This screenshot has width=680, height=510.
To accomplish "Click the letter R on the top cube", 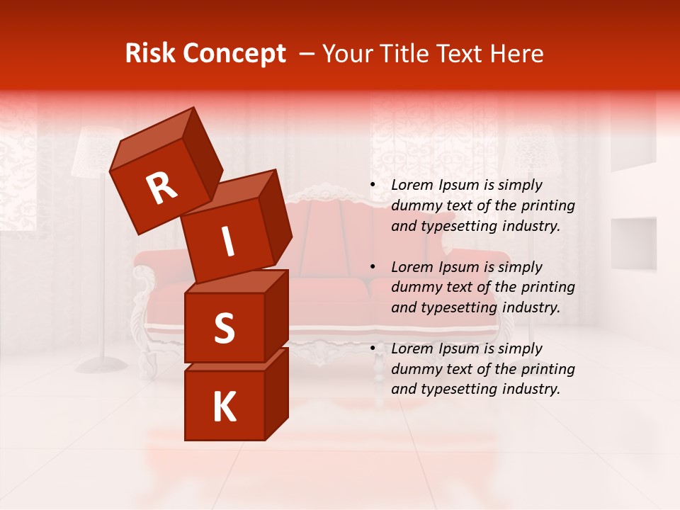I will (161, 188).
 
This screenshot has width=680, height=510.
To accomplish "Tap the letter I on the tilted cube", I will (227, 242).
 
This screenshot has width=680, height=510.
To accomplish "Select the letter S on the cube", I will (224, 328).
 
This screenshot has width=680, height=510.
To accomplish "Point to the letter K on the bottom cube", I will (224, 407).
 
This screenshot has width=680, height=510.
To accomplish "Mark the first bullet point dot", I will (373, 186).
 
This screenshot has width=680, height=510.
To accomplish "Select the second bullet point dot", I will (373, 268).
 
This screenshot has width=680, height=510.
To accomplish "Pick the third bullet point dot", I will (373, 349).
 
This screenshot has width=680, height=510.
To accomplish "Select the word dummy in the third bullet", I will (415, 369).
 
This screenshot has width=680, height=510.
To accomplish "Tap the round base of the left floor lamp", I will (102, 365).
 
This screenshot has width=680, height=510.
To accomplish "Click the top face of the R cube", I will (152, 139).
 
